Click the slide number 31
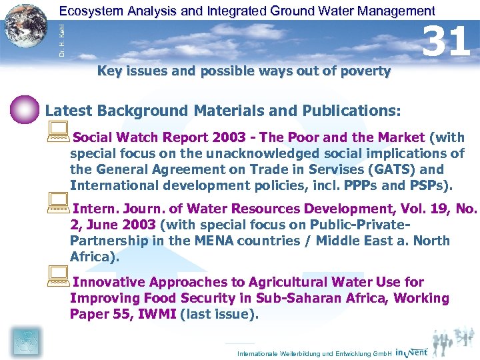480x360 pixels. click(x=448, y=41)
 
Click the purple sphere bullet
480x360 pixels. click(x=25, y=109)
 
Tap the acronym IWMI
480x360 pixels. click(x=157, y=315)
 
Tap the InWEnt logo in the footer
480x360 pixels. click(x=412, y=351)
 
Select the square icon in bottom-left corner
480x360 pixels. click(x=26, y=341)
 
